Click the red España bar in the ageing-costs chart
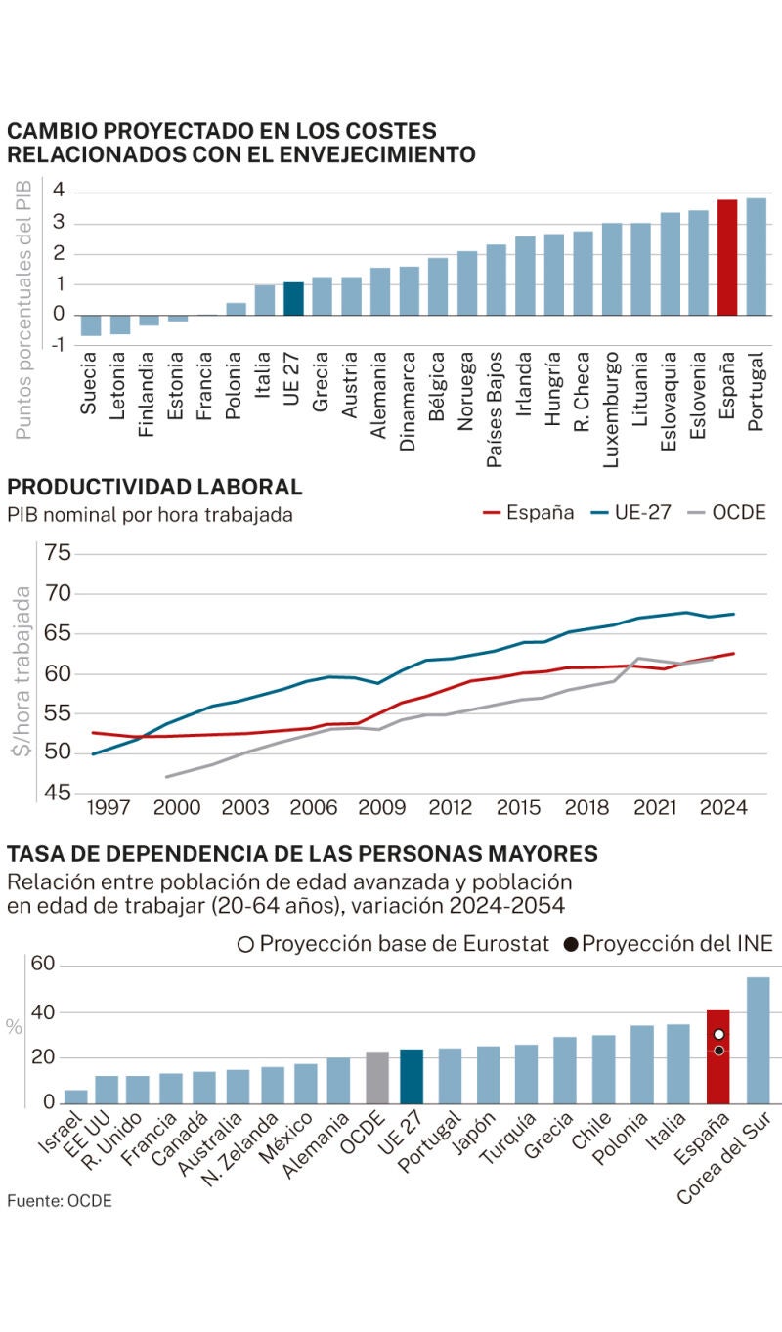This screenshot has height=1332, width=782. click(x=727, y=257)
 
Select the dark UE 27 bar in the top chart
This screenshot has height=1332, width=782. click(x=293, y=298)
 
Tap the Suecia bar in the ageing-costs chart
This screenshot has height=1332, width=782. click(x=91, y=325)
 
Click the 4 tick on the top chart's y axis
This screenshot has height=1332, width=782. click(x=59, y=190)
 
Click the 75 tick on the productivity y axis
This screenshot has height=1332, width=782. click(x=58, y=554)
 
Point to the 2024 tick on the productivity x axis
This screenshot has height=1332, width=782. click(x=724, y=808)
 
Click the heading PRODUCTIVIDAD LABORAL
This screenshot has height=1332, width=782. click(x=154, y=487)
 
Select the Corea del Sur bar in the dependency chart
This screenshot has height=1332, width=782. click(x=758, y=1040)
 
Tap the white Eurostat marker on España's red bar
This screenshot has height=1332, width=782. click(x=718, y=1034)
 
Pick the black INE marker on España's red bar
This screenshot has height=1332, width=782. click(x=718, y=1051)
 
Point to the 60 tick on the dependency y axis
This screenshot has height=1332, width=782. click(x=43, y=966)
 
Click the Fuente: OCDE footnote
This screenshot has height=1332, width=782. click(x=60, y=1201)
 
